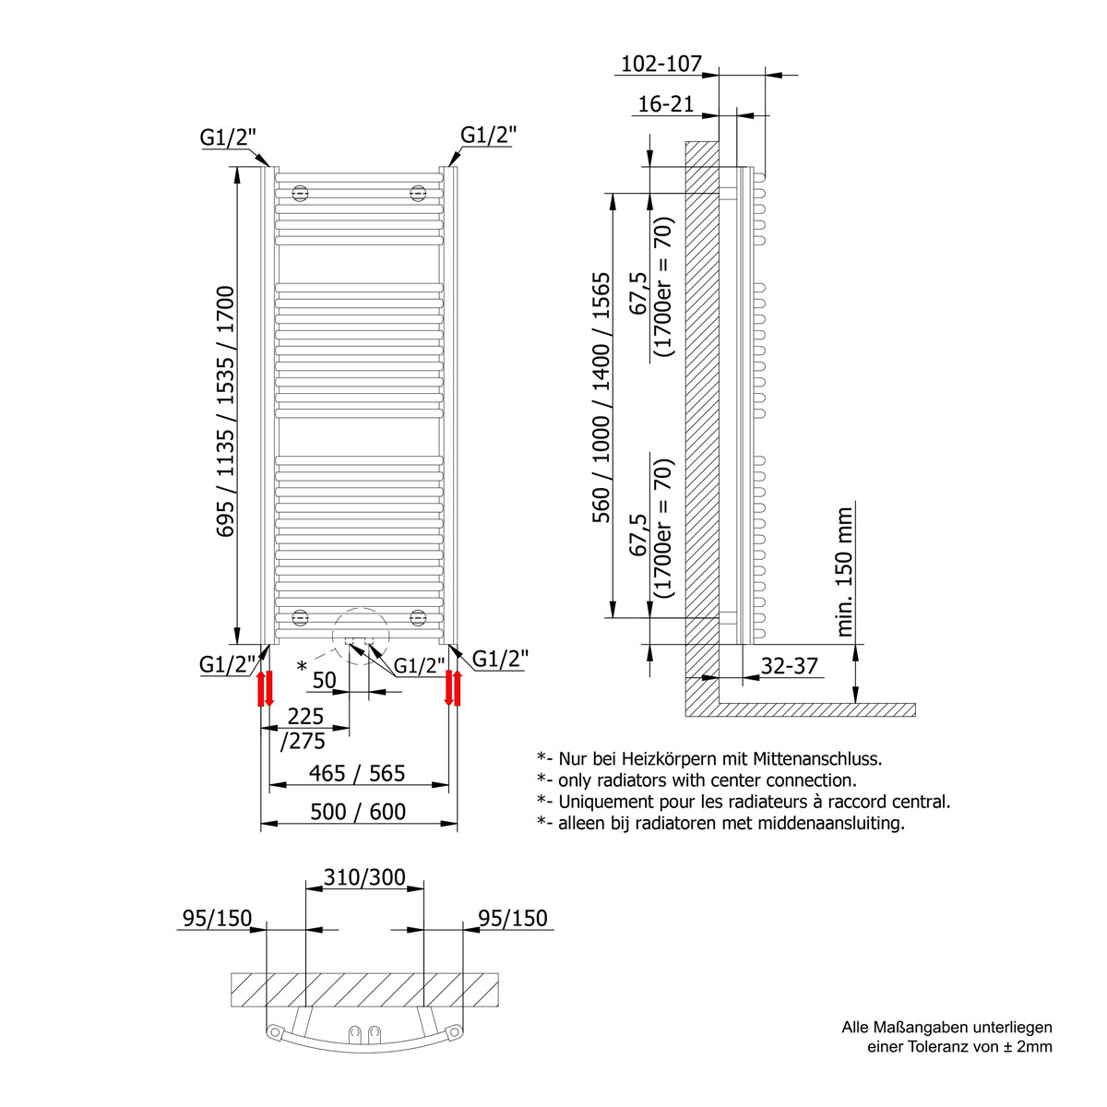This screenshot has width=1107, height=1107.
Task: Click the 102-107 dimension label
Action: point(661,64)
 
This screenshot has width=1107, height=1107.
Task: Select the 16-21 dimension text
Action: point(665,104)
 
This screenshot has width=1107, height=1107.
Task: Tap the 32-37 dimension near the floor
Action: point(789,665)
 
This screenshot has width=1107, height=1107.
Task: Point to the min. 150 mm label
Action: point(845,570)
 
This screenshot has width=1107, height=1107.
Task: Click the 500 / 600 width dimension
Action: point(358,811)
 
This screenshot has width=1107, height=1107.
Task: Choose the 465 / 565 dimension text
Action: point(358,773)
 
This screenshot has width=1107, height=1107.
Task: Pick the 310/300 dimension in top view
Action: point(364,876)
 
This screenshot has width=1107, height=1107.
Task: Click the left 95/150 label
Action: point(217,918)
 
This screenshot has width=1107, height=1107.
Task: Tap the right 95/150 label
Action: point(513,918)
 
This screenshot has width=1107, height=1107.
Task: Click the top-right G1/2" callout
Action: point(489,135)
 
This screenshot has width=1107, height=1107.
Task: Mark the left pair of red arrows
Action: point(265,688)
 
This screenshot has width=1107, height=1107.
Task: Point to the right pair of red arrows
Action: point(453,688)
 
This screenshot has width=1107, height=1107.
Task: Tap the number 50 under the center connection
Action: point(324,680)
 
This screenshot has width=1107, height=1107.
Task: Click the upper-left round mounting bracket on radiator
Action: point(299,193)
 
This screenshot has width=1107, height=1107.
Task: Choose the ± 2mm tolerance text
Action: point(1023,1046)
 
